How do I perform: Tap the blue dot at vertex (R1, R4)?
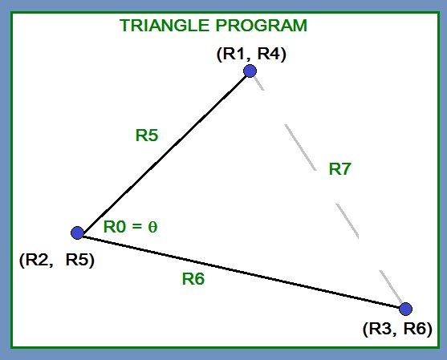250,71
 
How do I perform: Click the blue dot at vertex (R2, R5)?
77,233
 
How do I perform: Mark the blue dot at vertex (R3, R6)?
405,309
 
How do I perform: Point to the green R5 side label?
146,136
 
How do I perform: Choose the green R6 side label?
193,279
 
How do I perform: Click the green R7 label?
340,169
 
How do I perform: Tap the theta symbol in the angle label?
152,227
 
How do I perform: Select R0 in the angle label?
115,227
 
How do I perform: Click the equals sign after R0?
137,227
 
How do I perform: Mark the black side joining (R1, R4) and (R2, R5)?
163,152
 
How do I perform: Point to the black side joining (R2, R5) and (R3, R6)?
241,270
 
